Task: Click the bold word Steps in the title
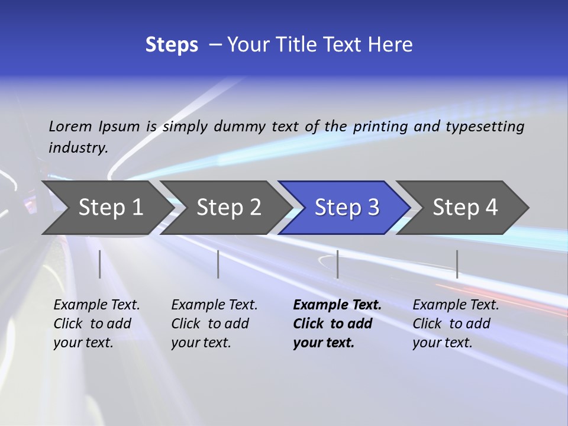tap(172, 45)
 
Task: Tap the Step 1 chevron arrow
tap(106, 208)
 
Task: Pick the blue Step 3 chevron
tap(345, 208)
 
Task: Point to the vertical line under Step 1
tap(100, 264)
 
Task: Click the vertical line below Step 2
tap(218, 264)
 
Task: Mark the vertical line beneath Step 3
tap(337, 264)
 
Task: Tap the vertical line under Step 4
tap(457, 264)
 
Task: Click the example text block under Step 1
tap(96, 324)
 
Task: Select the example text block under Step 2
tap(214, 324)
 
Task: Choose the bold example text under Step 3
tap(337, 324)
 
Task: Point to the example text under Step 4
tap(456, 324)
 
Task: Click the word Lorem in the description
tap(70, 126)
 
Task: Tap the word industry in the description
tap(78, 148)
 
